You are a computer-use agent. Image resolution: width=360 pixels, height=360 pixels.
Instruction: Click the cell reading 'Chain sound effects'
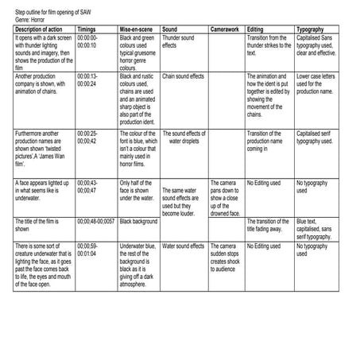(x=184, y=76)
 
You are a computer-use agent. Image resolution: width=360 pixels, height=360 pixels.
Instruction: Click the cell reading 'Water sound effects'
(x=183, y=246)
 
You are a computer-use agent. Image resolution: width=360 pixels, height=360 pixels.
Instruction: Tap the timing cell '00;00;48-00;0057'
(x=96, y=221)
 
